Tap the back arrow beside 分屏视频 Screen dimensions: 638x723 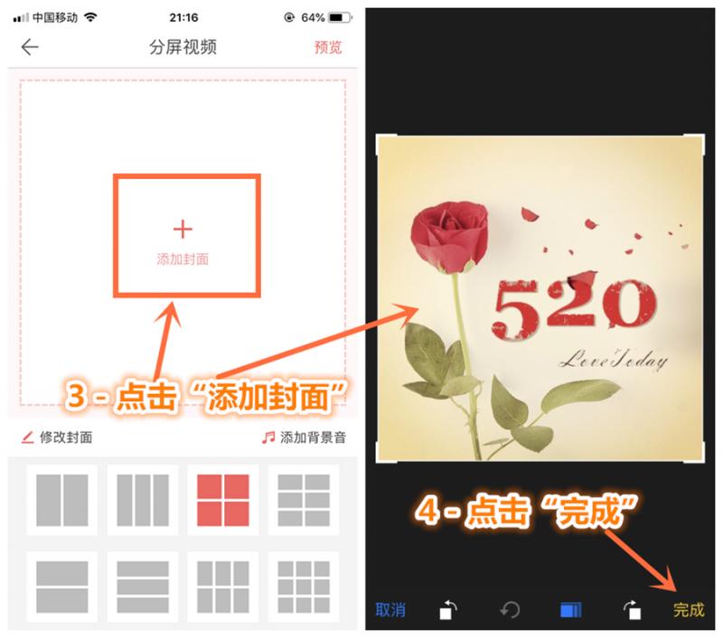click(x=30, y=48)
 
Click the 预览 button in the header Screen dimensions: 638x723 click(x=328, y=48)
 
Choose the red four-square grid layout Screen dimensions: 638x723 click(x=222, y=500)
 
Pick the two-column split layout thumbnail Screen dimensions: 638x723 click(x=62, y=500)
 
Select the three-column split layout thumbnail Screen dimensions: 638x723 click(x=143, y=500)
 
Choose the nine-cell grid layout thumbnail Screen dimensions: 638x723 click(x=303, y=586)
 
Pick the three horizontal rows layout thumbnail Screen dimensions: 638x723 click(x=143, y=586)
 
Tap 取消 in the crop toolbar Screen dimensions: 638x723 click(x=390, y=610)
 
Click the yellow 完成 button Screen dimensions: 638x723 click(x=689, y=610)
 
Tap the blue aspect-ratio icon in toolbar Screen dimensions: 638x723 click(x=570, y=610)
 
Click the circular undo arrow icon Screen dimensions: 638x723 click(x=510, y=610)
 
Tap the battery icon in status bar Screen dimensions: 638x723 click(x=340, y=18)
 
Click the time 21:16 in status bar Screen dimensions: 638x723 click(x=183, y=18)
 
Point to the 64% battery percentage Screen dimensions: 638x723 click(x=313, y=18)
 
